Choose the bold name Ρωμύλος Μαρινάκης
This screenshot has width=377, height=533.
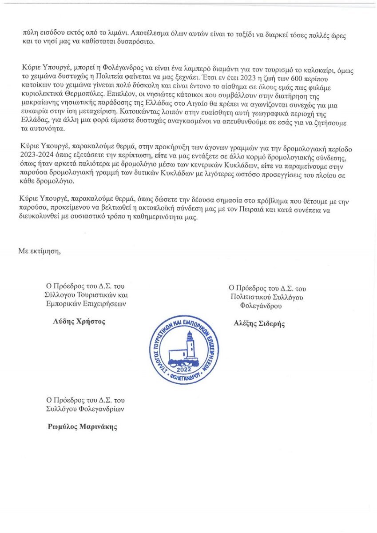coord(83,427)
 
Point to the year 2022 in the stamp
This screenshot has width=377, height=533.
coord(183,370)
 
